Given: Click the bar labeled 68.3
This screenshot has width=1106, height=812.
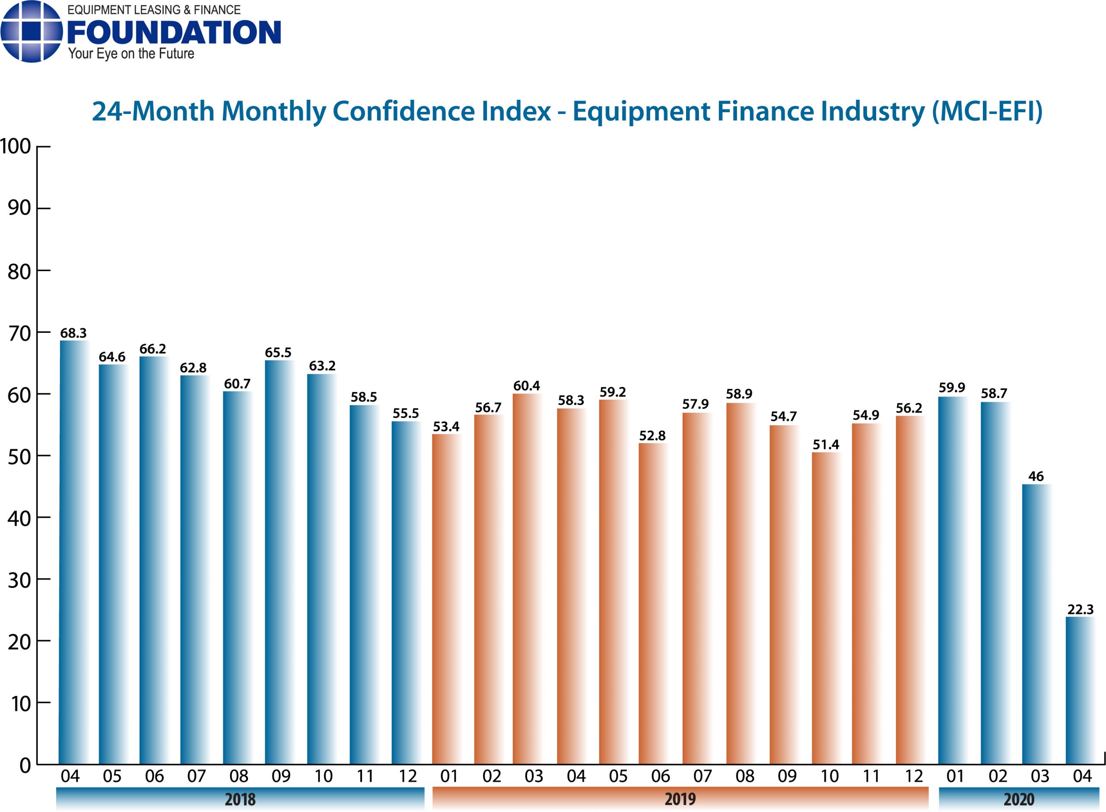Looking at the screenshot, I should click(73, 550).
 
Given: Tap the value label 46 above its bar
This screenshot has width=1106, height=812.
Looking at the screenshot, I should click(1036, 476).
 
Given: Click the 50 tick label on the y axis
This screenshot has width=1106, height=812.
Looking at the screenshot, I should click(19, 457).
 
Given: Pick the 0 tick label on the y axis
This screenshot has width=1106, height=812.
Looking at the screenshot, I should click(25, 766).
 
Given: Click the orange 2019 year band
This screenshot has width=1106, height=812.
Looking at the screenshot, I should click(680, 799).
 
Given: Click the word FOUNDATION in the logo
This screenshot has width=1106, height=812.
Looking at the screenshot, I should click(174, 32).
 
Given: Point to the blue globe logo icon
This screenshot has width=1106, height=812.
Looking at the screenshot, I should click(32, 32).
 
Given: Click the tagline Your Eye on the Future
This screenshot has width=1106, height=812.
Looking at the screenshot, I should click(131, 54).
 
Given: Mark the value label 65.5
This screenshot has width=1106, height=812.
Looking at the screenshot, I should click(278, 352).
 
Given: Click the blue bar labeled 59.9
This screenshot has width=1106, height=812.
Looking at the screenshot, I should click(952, 580).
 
